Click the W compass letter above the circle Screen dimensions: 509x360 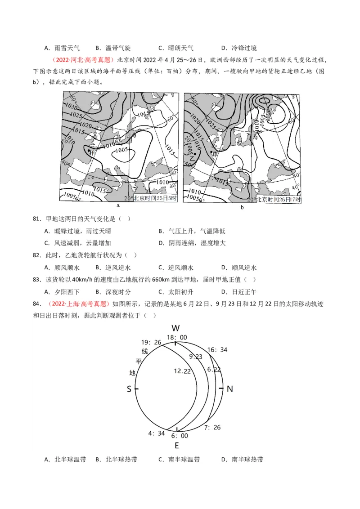click(x=176, y=328)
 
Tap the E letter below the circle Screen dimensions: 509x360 click(x=177, y=446)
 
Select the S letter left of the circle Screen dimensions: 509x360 click(x=129, y=389)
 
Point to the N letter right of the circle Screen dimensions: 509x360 click(x=229, y=389)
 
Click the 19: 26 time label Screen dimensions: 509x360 click(x=151, y=342)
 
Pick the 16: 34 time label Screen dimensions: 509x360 click(x=217, y=350)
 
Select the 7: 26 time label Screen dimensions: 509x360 click(x=212, y=427)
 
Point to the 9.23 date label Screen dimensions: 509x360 click(x=196, y=356)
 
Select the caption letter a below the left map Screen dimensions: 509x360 click(x=118, y=206)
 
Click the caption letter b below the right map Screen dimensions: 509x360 click(x=242, y=207)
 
